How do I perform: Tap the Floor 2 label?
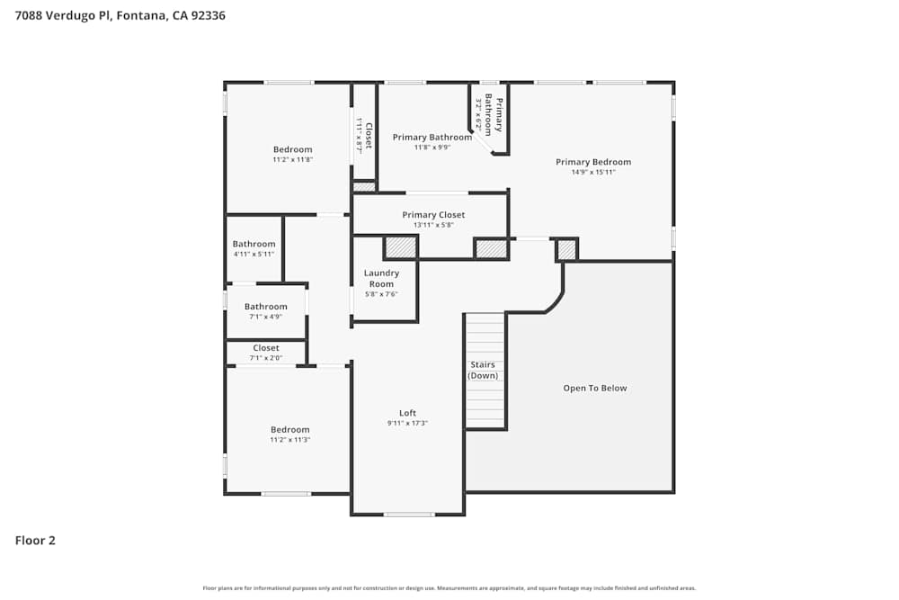click(x=35, y=541)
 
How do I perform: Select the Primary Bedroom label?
click(x=592, y=162)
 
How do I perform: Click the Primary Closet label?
click(x=433, y=215)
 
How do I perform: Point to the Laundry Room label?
click(x=381, y=278)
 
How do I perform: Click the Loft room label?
click(x=407, y=414)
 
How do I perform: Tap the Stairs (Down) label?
click(x=483, y=370)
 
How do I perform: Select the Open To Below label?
click(x=594, y=389)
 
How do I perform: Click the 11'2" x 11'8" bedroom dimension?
click(x=292, y=160)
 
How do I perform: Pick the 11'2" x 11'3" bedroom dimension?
click(x=289, y=440)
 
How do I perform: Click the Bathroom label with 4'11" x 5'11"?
click(x=254, y=244)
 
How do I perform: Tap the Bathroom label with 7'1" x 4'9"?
click(x=265, y=307)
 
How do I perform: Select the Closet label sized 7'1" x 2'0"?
click(x=265, y=348)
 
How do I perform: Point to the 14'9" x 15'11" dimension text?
click(x=592, y=172)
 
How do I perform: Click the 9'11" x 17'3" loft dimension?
click(x=407, y=424)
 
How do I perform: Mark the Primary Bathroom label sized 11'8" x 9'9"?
click(x=432, y=138)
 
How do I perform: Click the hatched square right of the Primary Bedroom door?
click(x=566, y=249)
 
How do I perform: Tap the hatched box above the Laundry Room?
click(x=401, y=247)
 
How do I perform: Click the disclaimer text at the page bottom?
click(x=449, y=588)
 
